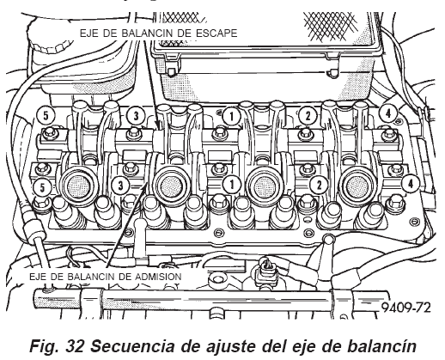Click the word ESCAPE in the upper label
216,34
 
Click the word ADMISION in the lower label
158,277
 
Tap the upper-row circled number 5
46,116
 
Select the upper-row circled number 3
136,116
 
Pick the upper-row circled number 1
231,116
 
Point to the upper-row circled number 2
308,116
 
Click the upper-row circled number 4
388,113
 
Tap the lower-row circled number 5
42,188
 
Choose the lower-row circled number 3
120,185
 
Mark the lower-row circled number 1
232,184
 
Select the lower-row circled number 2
319,185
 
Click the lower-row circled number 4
411,183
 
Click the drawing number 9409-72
406,308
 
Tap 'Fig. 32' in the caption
57,346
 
